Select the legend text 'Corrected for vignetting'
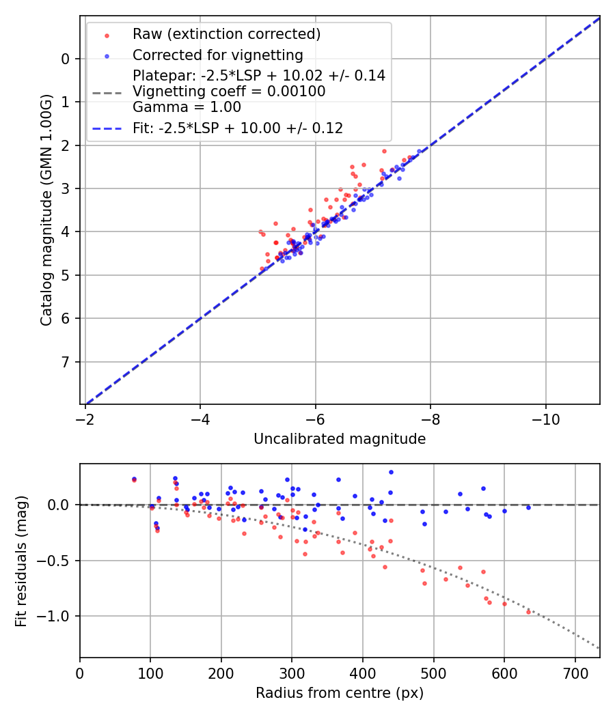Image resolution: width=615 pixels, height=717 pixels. click(x=217, y=55)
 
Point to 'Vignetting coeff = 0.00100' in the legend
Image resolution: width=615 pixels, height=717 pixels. click(x=229, y=92)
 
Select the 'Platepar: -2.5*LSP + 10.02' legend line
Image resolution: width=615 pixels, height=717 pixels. click(x=259, y=76)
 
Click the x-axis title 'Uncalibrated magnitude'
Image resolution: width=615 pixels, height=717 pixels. click(x=340, y=439)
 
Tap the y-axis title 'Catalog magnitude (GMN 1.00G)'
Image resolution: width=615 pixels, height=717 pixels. click(x=46, y=209)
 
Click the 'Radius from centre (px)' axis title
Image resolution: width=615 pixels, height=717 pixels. click(x=340, y=693)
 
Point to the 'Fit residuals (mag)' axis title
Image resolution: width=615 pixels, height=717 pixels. click(x=21, y=561)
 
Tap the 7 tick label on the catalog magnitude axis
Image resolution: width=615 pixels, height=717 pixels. click(x=66, y=361)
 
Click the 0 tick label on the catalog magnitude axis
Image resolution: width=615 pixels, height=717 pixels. click(x=66, y=59)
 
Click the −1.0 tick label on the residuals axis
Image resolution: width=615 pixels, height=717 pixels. click(x=59, y=616)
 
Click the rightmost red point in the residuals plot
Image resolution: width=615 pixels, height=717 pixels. click(x=528, y=612)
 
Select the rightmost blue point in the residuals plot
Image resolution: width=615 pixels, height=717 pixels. click(x=528, y=507)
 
